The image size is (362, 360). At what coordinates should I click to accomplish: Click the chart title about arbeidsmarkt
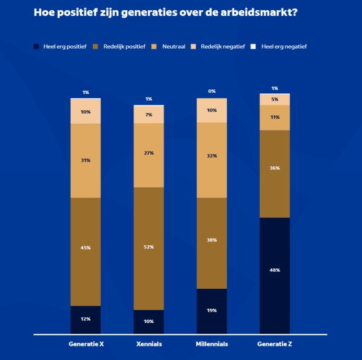[165, 12]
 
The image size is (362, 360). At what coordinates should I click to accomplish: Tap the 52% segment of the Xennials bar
[149, 248]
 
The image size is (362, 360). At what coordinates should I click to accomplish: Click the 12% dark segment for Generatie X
[85, 320]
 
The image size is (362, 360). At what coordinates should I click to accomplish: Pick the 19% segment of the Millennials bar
[212, 311]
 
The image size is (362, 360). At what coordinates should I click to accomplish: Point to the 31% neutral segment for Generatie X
[85, 161]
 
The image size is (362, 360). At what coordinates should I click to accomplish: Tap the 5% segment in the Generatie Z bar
[275, 99]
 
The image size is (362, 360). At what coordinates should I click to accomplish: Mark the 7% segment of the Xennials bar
[149, 115]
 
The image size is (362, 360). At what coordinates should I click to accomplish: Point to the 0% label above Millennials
[212, 91]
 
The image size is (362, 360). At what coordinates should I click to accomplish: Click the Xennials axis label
[149, 344]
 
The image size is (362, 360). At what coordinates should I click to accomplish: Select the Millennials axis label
[212, 344]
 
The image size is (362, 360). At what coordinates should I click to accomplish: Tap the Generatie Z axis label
[275, 344]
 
